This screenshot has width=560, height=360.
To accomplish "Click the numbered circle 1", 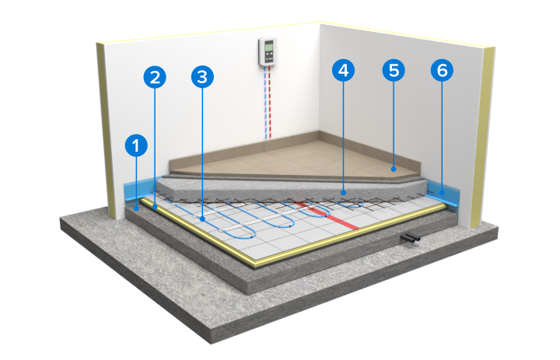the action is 136,145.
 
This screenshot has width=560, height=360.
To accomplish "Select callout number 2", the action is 155,77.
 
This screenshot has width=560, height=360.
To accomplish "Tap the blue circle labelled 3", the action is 202,77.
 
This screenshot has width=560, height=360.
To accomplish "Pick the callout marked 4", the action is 343,70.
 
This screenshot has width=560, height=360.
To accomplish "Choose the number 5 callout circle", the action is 394,70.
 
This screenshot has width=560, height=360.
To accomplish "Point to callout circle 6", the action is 442,70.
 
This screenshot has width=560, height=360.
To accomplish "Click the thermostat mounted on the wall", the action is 268,51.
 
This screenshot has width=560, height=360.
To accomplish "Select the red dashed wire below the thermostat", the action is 271,103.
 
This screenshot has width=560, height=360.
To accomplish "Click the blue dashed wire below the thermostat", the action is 265,103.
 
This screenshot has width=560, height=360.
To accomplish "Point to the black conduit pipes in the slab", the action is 410,238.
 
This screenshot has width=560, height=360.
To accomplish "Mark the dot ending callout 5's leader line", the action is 394,169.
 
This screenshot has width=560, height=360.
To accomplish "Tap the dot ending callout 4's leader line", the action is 344,193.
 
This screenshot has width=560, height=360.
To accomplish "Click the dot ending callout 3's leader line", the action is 202,219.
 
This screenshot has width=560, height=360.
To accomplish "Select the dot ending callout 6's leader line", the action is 442,193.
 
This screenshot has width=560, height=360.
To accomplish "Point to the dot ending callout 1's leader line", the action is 136,208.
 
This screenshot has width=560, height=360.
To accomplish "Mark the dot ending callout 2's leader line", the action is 155,207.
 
